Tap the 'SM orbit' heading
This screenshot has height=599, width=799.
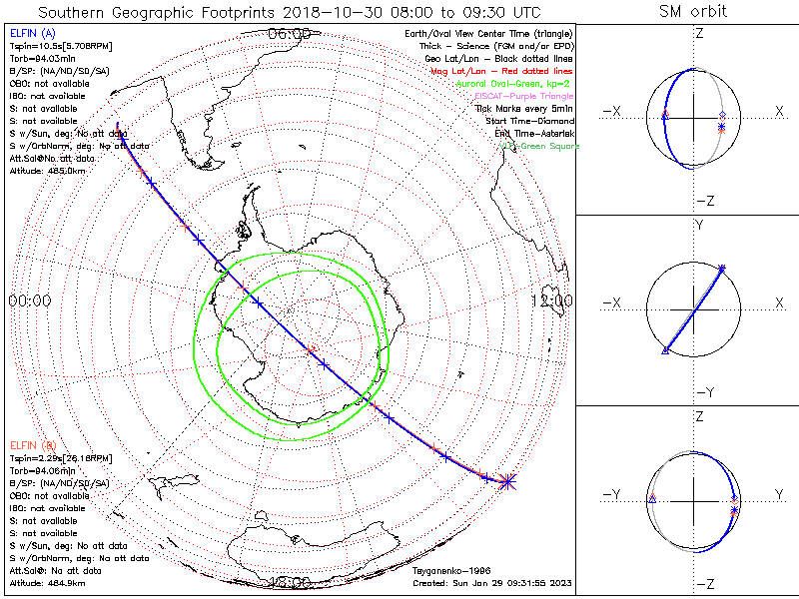click(693, 12)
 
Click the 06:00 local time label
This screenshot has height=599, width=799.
click(290, 33)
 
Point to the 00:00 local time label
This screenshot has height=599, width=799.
click(30, 300)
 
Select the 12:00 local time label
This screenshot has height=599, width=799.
click(551, 300)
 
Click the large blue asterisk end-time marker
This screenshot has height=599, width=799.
click(508, 481)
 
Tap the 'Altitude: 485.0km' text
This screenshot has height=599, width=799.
click(48, 170)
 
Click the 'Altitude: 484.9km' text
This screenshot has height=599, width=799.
click(48, 581)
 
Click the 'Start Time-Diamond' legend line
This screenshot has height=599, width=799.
click(530, 121)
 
